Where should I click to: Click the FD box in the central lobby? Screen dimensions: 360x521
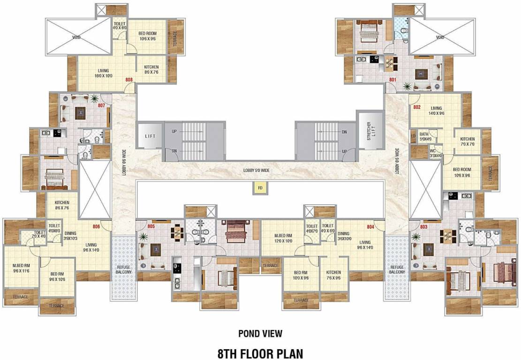[x=259, y=188]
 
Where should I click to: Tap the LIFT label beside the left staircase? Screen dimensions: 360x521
[x=150, y=135]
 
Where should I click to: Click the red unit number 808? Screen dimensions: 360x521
[x=129, y=80]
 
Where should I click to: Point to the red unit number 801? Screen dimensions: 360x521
[x=393, y=80]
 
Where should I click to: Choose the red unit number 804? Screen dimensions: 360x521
[x=370, y=227]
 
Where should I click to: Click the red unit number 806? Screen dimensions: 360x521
[x=97, y=227]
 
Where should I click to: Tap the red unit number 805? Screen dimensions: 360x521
[x=151, y=226]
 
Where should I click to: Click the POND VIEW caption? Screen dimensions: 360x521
[x=260, y=333]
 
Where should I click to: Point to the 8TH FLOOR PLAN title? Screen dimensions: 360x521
[x=260, y=353]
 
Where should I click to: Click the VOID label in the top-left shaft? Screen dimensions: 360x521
[x=76, y=37]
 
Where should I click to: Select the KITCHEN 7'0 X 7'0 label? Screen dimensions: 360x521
[x=467, y=142]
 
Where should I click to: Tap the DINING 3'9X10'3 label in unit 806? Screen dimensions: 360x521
[x=71, y=236]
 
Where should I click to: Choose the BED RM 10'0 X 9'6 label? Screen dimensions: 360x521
[x=301, y=275]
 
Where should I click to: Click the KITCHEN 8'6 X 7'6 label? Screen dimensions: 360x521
[x=62, y=205]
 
